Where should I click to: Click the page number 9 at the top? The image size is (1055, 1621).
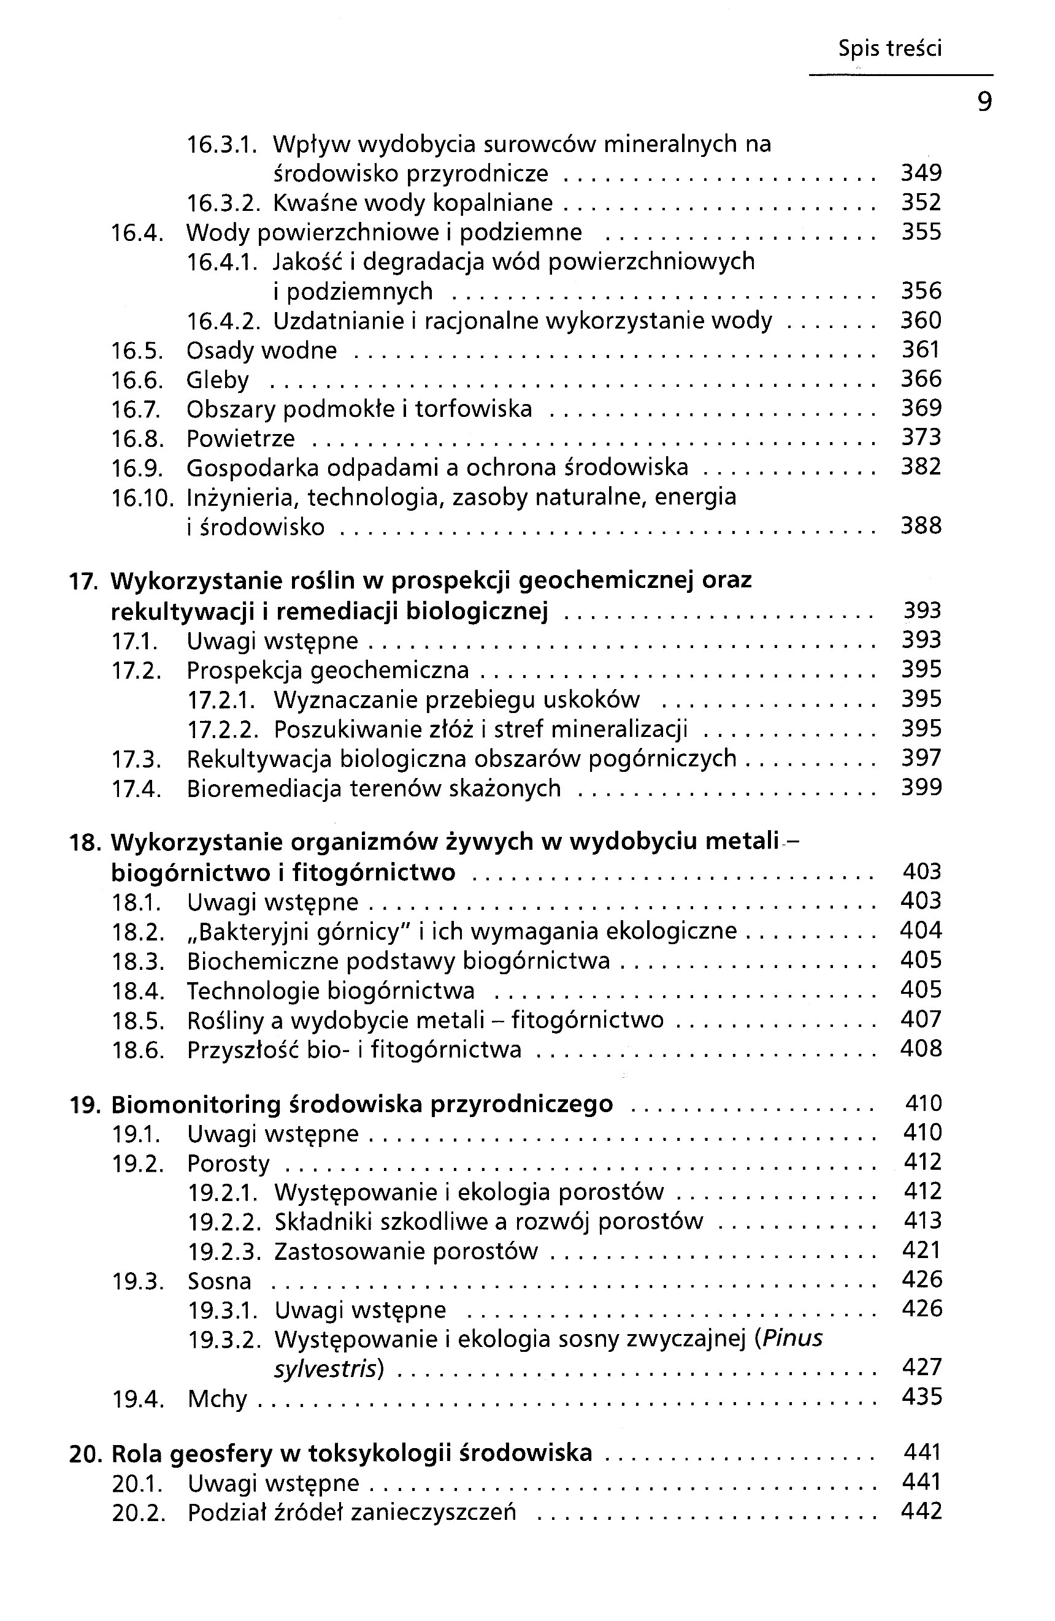click(984, 102)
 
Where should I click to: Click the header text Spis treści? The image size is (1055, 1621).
click(889, 48)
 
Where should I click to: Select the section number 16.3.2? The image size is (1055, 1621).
click(223, 203)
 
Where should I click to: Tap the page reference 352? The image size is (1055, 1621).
click(921, 202)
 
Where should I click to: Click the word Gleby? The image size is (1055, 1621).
click(217, 380)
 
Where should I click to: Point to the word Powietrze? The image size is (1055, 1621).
click(240, 438)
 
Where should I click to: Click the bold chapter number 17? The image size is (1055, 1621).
click(84, 581)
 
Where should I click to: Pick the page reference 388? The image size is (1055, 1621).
click(921, 526)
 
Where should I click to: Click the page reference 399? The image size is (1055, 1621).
click(921, 787)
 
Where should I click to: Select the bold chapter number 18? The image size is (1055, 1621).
click(85, 842)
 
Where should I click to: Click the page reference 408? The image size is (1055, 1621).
click(921, 1048)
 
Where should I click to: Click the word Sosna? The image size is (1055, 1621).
click(220, 1281)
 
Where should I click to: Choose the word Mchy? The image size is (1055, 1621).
click(217, 1399)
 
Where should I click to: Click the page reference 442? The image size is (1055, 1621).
click(921, 1511)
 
